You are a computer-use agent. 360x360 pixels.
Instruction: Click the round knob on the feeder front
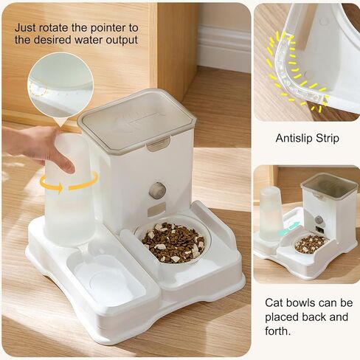157,190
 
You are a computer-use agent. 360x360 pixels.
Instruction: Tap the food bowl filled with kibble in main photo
173,242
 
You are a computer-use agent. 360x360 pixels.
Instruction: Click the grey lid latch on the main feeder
158,143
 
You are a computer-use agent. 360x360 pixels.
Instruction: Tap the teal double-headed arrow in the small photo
289,229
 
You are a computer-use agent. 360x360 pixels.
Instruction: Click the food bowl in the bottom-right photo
311,243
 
